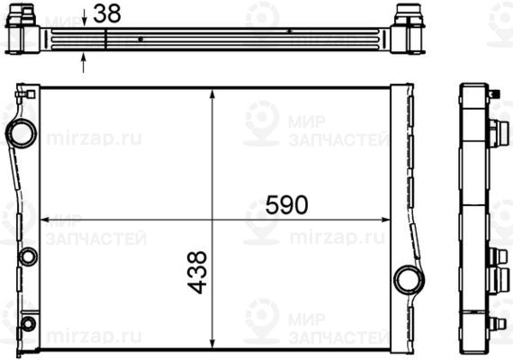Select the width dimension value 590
[286, 205]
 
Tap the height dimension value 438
[199, 275]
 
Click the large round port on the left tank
[19, 133]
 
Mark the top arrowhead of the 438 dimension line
[211, 93]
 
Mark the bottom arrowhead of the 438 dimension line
[211, 345]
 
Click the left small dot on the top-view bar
[141, 40]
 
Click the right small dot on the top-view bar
[289, 31]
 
